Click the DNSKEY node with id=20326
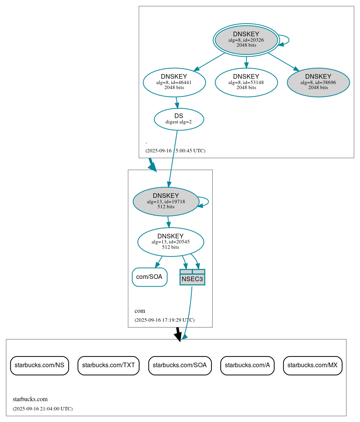(246, 40)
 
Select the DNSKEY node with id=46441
(174, 82)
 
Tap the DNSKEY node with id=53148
(246, 82)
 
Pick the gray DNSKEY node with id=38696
(318, 82)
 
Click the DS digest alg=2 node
(179, 119)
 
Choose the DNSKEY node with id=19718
(166, 201)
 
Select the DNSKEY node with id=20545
(171, 242)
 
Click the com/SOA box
(150, 277)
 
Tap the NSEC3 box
(192, 277)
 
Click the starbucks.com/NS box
(39, 365)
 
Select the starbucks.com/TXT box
(108, 365)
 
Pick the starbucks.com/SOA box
(180, 365)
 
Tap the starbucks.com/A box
(247, 365)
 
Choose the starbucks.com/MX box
(313, 365)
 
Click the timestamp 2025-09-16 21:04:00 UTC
(42, 408)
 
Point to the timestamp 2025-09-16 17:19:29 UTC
(164, 320)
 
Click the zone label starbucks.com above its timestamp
(30, 399)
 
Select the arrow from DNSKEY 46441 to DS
(177, 103)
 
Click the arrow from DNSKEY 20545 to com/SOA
(159, 262)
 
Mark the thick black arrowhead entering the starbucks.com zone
(178, 336)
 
